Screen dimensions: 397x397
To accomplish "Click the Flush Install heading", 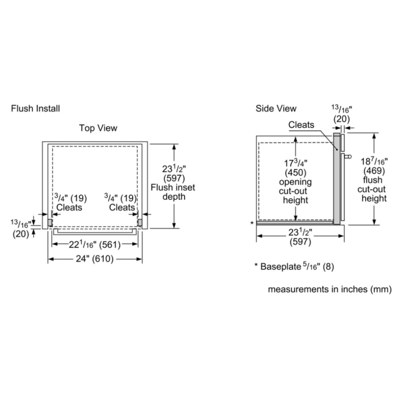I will tap(36, 108).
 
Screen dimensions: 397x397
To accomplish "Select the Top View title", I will tap(98, 128).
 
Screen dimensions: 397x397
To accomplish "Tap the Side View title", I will tap(276, 108).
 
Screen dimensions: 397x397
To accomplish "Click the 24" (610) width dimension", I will tap(95, 259).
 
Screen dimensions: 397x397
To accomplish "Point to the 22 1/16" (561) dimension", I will tap(95, 245).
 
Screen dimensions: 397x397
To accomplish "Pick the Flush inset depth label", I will tap(173, 192).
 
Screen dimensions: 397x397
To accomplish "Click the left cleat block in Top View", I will tap(50, 222).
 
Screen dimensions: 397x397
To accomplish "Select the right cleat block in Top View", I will tap(140, 222).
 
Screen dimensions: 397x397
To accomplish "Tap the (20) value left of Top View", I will tap(20, 234).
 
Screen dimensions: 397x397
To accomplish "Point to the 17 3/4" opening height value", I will tap(295, 163).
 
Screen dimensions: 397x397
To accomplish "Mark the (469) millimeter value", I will tap(373, 171).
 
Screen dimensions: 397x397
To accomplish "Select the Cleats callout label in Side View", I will tap(301, 125).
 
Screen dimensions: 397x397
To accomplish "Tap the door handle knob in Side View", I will tap(349, 156).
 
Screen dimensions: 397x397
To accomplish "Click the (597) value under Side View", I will tap(300, 242).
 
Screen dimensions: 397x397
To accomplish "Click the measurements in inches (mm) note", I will tap(330, 289).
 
